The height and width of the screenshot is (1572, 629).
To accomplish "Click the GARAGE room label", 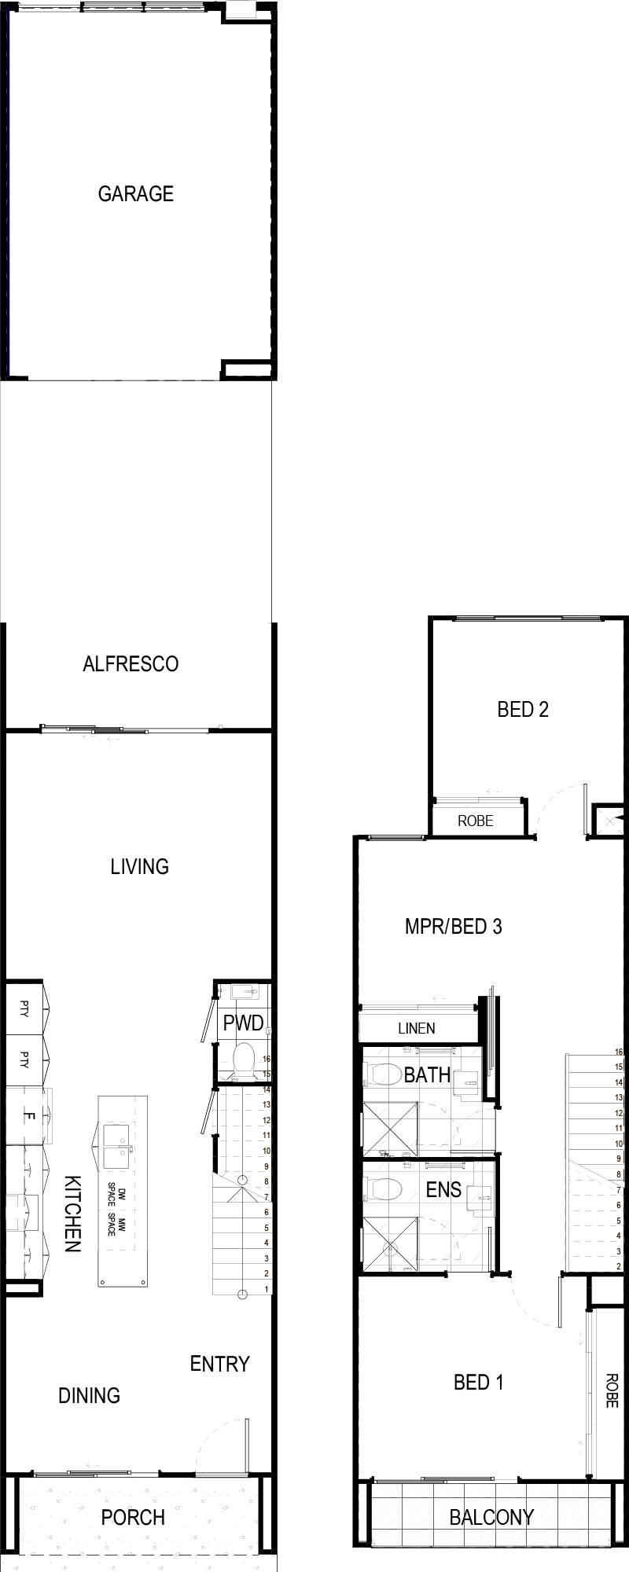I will coord(135,193).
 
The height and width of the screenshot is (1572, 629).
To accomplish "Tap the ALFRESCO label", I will coord(131,664).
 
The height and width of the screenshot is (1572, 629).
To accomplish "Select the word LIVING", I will coord(139,866).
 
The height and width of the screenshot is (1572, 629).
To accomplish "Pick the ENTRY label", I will coord(219,1364).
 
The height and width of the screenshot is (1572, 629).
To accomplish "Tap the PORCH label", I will coord(133,1517).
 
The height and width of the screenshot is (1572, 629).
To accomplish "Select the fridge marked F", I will coord(29,1115).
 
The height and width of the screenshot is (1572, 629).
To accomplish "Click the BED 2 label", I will coord(523,710).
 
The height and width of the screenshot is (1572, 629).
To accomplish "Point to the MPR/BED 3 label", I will coord(453,926).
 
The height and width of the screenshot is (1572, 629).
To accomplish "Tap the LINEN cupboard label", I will coord(417,1028).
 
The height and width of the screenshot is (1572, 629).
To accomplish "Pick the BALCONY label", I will coord(491,1517).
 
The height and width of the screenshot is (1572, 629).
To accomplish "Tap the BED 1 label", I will coord(479,1382).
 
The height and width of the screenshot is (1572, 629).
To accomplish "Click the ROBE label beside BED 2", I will coord(476,821).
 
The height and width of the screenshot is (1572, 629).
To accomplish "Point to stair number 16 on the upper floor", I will coord(620,1052).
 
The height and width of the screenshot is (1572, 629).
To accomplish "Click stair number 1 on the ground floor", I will coord(267,1288).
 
